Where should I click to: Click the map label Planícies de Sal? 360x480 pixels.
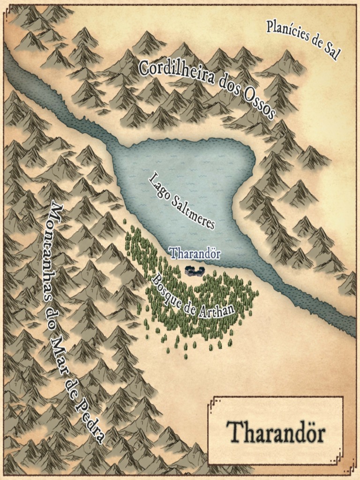tap(302, 40)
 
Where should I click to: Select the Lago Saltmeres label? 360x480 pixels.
tap(182, 201)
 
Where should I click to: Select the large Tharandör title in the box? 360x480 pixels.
tap(276, 432)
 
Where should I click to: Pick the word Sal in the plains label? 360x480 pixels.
tap(330, 53)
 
